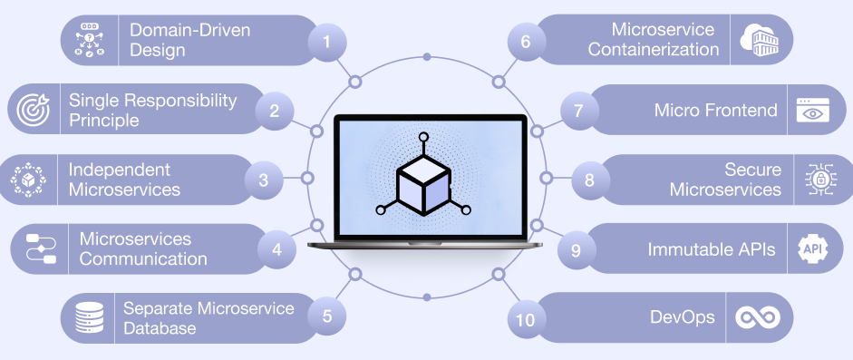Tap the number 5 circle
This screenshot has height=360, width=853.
(x=327, y=316)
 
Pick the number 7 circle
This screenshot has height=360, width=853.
(x=577, y=111)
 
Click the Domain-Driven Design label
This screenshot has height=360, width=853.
(x=190, y=40)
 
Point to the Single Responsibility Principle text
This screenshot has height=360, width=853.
(x=152, y=110)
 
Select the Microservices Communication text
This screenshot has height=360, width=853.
(x=143, y=248)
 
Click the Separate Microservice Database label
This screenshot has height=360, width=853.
(x=208, y=317)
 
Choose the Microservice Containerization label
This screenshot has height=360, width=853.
(x=651, y=40)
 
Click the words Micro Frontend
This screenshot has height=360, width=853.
(x=716, y=111)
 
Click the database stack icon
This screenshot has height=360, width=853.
(x=89, y=317)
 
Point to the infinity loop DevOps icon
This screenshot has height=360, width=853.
(x=757, y=317)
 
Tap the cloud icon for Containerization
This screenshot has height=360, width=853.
(x=760, y=41)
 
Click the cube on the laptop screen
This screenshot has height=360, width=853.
(x=424, y=180)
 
